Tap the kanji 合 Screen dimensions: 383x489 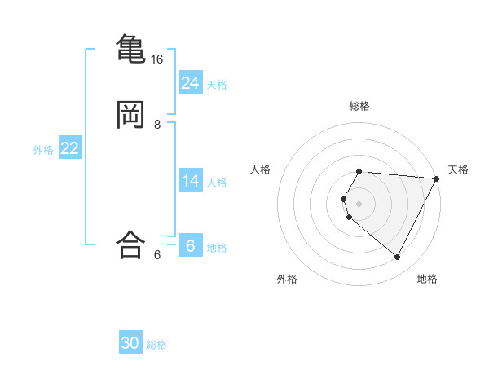tap(131, 244)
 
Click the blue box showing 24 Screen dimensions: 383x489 tap(191, 82)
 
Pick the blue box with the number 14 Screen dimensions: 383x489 tap(191, 181)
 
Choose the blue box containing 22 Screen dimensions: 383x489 tap(70, 148)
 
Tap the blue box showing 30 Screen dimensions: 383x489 tap(130, 343)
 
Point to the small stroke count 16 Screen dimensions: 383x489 tap(157, 59)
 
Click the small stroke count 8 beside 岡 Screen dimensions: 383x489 tap(157, 125)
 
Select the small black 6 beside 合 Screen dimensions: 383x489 tap(157, 255)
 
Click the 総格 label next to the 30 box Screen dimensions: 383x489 tap(156, 345)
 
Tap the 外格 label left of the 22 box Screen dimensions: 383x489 tap(43, 150)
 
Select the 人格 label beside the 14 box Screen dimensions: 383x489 tap(218, 183)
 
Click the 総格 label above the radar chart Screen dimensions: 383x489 tap(359, 106)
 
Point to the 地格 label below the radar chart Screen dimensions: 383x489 tap(427, 279)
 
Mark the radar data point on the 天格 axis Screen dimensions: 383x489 tap(437, 178)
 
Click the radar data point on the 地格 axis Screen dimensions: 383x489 tap(398, 258)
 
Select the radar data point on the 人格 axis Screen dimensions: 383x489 tap(344, 199)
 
